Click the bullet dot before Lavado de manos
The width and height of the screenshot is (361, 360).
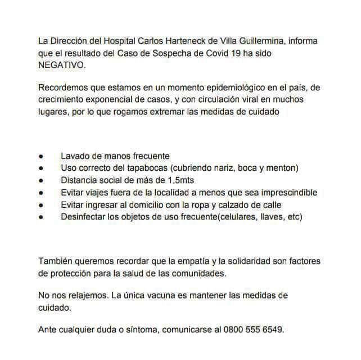pyautogui.click(x=41, y=156)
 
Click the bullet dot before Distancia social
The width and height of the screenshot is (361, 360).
pyautogui.click(x=41, y=180)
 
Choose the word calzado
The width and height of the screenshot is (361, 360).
pyautogui.click(x=232, y=204)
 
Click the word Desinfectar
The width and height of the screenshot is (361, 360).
pyautogui.click(x=84, y=216)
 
